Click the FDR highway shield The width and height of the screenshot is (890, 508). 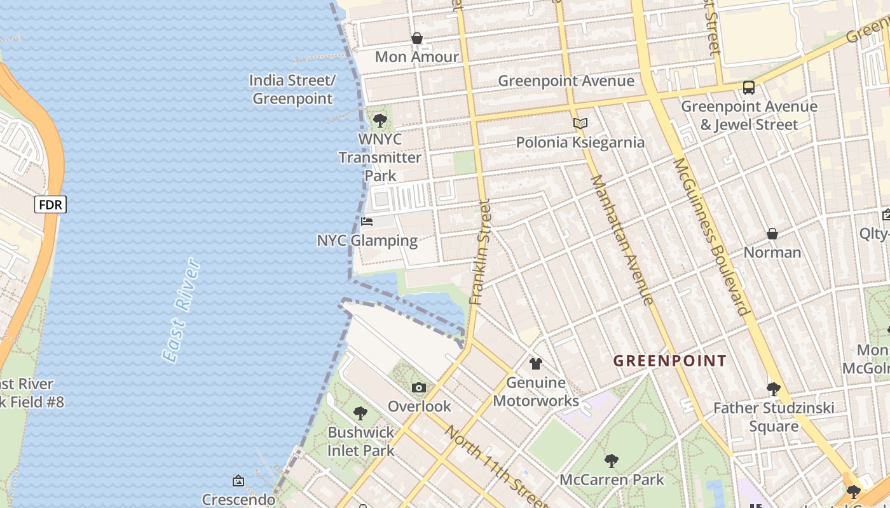[50, 204]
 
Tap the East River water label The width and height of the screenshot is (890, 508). [182, 311]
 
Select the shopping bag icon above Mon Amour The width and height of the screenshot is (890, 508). [417, 39]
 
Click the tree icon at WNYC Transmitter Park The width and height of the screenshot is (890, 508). [380, 120]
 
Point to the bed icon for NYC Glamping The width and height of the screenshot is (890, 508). [367, 222]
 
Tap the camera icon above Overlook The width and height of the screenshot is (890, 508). [418, 387]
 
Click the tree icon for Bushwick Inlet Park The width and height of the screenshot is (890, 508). [360, 413]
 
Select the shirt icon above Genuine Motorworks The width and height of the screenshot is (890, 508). [536, 364]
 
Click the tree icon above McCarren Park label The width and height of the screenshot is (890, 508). [612, 460]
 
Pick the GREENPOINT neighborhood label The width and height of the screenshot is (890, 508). [669, 361]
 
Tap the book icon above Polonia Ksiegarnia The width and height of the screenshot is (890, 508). [580, 123]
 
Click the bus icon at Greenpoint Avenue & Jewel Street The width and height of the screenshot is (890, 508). [749, 88]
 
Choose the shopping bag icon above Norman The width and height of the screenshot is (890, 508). [772, 234]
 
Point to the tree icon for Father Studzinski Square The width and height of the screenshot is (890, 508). [773, 389]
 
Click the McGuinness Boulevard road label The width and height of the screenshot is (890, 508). [711, 236]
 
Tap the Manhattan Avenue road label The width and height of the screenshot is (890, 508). [622, 239]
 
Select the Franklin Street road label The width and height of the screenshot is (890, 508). [481, 252]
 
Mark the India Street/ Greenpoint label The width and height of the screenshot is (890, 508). [292, 90]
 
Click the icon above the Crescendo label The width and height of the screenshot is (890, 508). [238, 481]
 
